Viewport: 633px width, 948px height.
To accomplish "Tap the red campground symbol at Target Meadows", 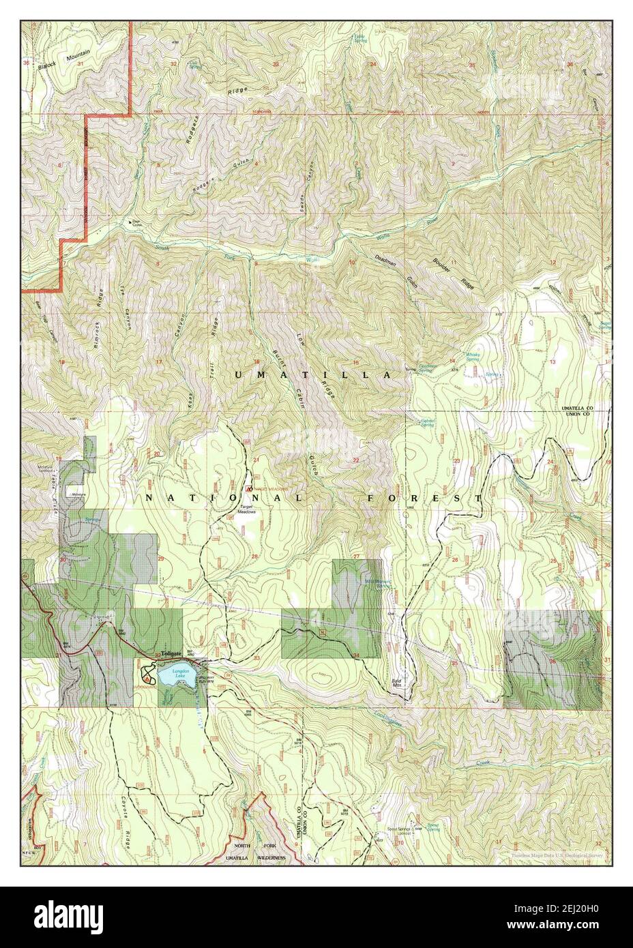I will tap(249, 489).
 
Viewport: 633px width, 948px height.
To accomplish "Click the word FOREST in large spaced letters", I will tap(424, 499).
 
